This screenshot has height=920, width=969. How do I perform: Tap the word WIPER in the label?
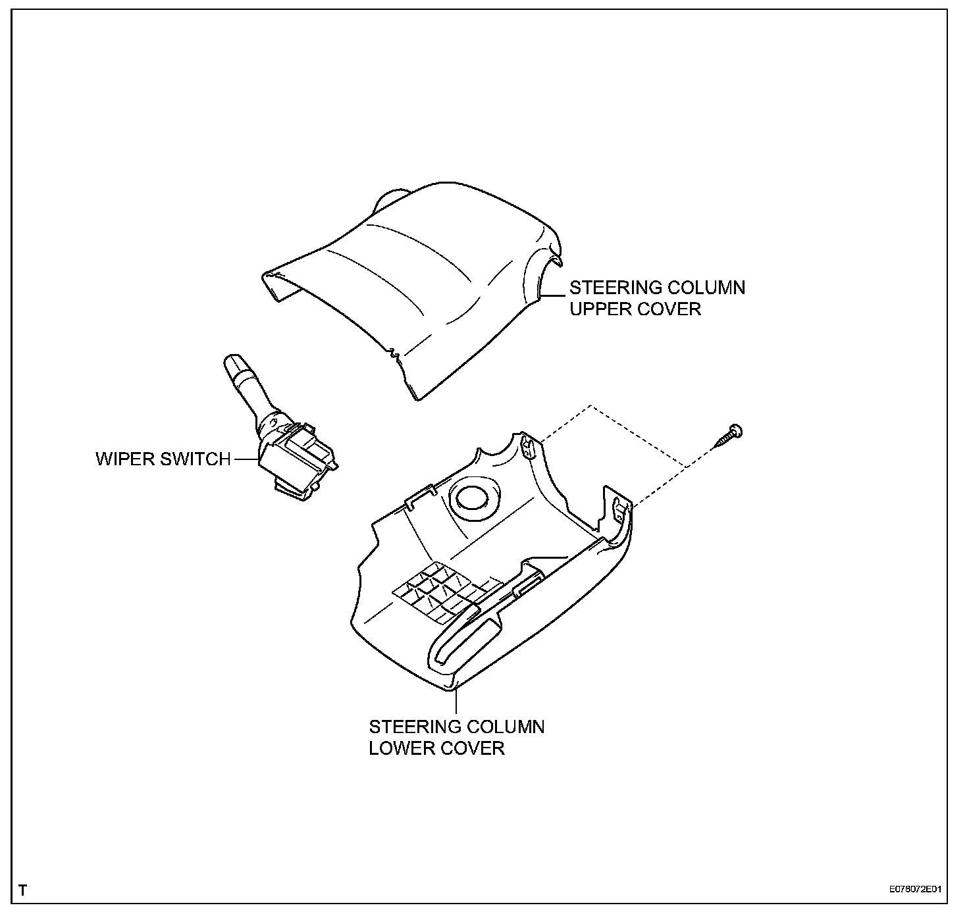click(x=126, y=459)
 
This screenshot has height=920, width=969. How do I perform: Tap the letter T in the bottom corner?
click(x=23, y=891)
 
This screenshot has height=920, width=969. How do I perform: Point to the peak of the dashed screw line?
click(x=590, y=405)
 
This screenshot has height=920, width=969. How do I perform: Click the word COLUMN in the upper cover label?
click(x=706, y=288)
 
